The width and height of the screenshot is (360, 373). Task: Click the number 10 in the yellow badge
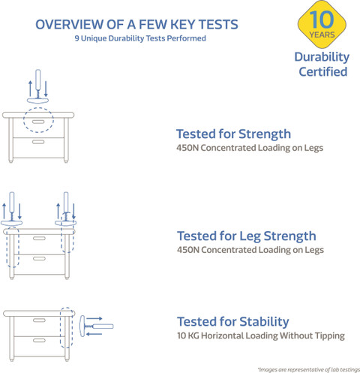(322, 20)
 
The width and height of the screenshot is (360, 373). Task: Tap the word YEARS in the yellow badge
(322, 35)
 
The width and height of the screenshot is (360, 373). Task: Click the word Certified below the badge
(323, 71)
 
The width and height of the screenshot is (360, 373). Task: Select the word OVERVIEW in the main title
(69, 25)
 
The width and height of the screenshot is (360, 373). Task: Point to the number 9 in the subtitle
(77, 38)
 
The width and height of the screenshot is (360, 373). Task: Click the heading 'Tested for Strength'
(233, 134)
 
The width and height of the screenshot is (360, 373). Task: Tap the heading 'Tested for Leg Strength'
(247, 236)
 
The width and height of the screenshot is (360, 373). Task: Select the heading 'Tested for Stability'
(233, 322)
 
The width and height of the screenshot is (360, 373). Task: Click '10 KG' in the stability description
(188, 335)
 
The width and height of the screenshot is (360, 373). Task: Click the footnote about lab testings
(309, 369)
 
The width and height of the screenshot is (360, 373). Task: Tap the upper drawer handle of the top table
(38, 122)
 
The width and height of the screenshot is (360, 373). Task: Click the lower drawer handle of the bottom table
(39, 340)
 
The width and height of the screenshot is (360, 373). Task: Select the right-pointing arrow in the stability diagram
(94, 318)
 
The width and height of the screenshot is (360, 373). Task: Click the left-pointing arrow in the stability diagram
(94, 334)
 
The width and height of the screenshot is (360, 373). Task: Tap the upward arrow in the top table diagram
(30, 89)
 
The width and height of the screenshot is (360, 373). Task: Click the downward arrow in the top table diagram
(46, 89)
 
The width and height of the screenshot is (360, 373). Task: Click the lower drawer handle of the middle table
(39, 258)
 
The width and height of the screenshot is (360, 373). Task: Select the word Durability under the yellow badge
(322, 57)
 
